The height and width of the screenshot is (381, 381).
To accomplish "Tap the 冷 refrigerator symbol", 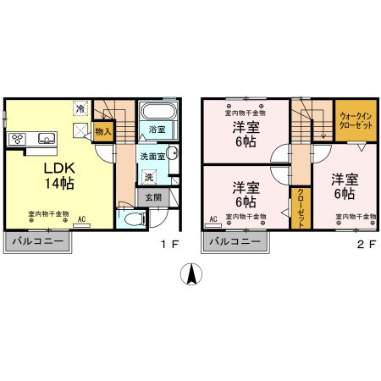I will [81, 108].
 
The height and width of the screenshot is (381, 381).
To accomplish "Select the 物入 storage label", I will [102, 132].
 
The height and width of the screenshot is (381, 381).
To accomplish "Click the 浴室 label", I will [157, 130].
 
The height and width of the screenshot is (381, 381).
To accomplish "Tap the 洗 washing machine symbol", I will [149, 178].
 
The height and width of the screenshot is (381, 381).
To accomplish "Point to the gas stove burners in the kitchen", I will [19, 139].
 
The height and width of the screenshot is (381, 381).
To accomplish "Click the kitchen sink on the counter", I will [45, 139].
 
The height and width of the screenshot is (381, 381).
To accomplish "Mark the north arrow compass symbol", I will [191, 275].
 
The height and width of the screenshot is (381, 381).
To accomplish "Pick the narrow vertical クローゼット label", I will [301, 208].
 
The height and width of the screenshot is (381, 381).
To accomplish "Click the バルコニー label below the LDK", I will [39, 242].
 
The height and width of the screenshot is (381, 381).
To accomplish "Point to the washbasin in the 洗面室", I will [172, 154].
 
